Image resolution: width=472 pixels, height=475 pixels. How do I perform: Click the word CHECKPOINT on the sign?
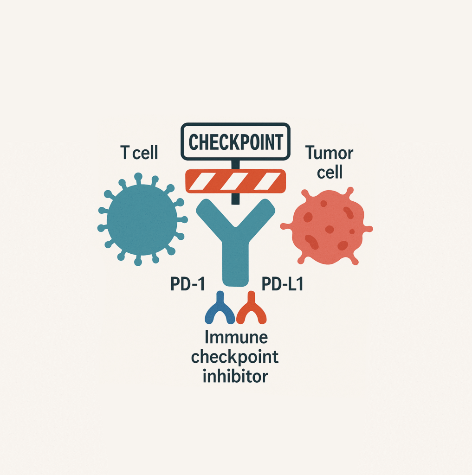click(236, 142)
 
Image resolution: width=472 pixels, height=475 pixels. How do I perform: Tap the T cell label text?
click(139, 152)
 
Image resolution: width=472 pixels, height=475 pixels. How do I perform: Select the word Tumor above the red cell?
click(329, 153)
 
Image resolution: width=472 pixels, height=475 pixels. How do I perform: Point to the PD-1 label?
click(188, 284)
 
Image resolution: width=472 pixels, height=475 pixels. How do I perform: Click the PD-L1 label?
click(282, 284)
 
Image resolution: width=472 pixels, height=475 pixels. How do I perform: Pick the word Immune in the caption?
click(236, 337)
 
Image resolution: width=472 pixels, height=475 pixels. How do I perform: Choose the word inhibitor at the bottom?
click(235, 376)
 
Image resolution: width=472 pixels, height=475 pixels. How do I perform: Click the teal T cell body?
click(142, 219)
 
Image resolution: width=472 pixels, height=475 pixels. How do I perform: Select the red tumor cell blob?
click(327, 226)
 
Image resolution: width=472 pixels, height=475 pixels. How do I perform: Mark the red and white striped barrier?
click(236, 181)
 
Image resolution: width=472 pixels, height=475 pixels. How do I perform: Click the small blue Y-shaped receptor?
click(220, 308)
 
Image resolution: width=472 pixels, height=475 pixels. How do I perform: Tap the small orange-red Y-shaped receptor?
click(251, 308)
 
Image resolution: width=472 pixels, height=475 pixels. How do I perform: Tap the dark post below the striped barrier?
click(236, 199)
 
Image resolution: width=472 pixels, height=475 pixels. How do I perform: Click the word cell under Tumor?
click(330, 172)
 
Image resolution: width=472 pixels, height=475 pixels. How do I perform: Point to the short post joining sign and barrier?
click(236, 165)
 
